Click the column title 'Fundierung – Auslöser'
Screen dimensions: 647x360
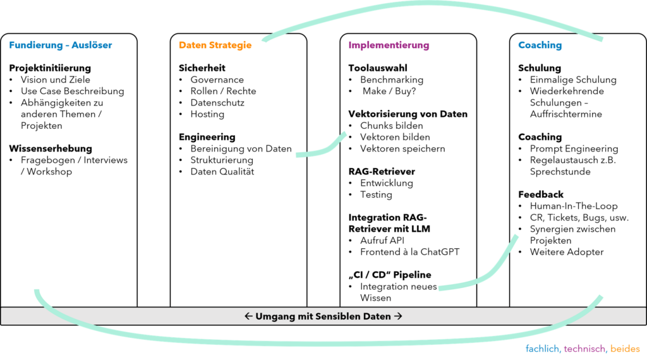pos(60,45)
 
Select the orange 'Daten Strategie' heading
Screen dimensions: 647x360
pos(215,45)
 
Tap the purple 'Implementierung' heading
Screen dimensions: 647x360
pos(389,45)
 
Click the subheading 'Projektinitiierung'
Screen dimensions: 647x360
pos(50,68)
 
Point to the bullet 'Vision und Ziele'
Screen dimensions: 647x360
pos(56,80)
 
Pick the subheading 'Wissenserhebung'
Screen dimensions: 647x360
pos(51,148)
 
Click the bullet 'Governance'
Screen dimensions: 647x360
pos(217,80)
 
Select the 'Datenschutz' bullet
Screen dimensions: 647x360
pos(217,103)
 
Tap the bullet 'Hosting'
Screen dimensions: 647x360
pos(207,114)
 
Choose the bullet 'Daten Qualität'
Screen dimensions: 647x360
pos(222,172)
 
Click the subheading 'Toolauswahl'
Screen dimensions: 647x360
pos(378,68)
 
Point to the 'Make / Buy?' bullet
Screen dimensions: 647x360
pos(389,91)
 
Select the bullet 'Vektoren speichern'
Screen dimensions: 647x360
pos(402,148)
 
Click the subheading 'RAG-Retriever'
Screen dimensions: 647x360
pos(382,172)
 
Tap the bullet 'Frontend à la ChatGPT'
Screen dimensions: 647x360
pos(409,252)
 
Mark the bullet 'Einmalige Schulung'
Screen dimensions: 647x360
pos(573,80)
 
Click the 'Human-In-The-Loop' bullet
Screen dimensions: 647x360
pos(574,206)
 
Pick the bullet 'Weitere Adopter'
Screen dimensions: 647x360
pos(567,252)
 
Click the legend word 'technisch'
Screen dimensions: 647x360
pos(585,349)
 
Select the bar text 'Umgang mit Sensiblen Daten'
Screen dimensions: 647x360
pos(323,316)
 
